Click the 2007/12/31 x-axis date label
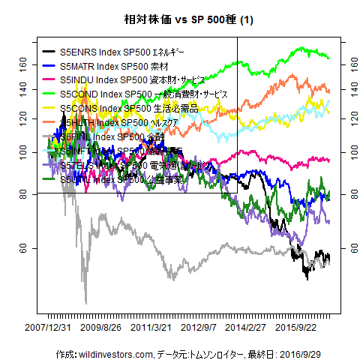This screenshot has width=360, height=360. [49, 328]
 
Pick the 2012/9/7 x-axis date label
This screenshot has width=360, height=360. [201, 328]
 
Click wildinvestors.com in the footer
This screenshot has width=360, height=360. [115, 353]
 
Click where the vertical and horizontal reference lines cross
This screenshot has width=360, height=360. [237, 193]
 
